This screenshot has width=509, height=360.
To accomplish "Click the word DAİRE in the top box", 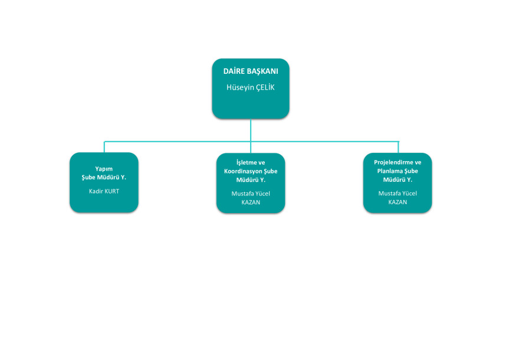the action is click(x=231, y=71).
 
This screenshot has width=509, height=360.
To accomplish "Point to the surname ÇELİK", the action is click(x=265, y=87).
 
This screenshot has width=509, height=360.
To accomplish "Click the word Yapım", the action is click(x=104, y=169).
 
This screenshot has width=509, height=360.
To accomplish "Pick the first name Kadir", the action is click(x=96, y=191).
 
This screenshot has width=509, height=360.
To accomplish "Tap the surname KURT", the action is click(x=112, y=191).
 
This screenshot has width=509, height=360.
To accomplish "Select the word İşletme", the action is click(x=247, y=162).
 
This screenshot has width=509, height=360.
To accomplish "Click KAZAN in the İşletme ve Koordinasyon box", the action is click(x=251, y=202).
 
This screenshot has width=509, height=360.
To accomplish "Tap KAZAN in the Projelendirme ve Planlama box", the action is click(x=398, y=202).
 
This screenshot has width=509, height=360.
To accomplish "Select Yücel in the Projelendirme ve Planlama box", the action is click(x=409, y=194).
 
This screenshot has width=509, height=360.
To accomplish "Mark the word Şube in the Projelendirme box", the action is click(x=411, y=171).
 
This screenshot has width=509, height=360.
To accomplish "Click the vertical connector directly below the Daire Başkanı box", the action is click(x=251, y=130).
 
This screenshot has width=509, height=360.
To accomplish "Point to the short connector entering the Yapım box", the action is click(x=104, y=147).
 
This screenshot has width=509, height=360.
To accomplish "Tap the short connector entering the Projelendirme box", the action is click(x=398, y=148).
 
